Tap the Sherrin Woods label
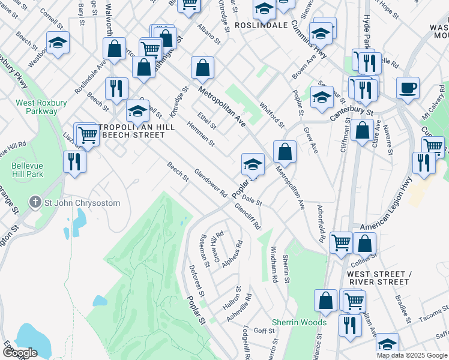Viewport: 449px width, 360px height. click(299, 322)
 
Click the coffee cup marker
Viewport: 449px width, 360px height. click(408, 88)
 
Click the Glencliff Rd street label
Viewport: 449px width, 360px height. click(249, 217)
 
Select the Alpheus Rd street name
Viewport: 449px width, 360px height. click(231, 254)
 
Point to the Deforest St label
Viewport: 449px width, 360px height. click(197, 281)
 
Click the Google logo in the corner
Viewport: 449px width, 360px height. click(20, 353)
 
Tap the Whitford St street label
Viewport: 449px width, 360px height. click(272, 115)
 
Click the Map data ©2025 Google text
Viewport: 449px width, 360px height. click(412, 355)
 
